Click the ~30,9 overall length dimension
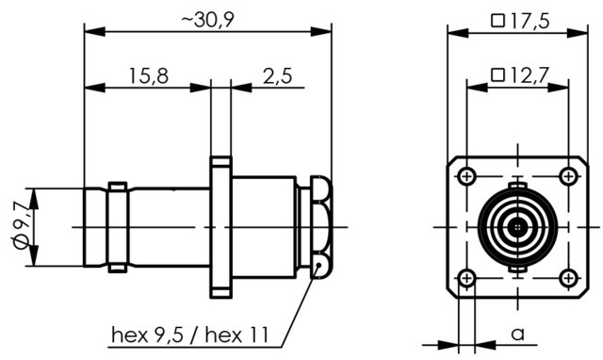click(x=207, y=20)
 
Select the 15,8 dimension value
click(x=149, y=76)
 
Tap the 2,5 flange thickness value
click(x=277, y=76)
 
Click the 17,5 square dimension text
click(x=530, y=21)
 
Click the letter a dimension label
click(x=518, y=335)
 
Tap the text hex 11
click(x=236, y=335)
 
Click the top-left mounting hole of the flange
click(x=467, y=176)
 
